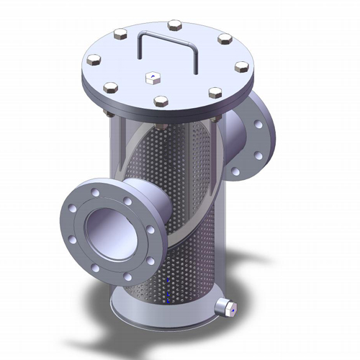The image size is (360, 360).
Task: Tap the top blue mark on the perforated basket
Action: pyautogui.click(x=167, y=279)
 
